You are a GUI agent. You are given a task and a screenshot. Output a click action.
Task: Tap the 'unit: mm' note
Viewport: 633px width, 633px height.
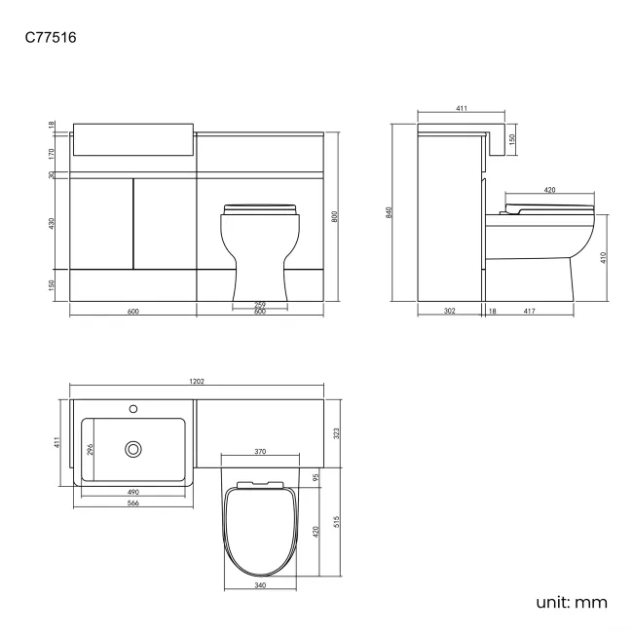click(x=571, y=602)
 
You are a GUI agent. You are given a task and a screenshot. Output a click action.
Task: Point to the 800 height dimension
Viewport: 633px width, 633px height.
click(x=334, y=218)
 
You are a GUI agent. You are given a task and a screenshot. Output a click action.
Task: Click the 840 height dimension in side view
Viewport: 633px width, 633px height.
click(x=389, y=212)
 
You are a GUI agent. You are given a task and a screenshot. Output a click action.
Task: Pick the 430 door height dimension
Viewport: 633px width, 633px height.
click(x=51, y=223)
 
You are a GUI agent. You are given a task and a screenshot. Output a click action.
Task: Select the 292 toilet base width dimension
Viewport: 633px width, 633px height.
click(x=260, y=305)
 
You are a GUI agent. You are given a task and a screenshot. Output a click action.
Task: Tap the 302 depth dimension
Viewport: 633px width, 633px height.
click(x=450, y=311)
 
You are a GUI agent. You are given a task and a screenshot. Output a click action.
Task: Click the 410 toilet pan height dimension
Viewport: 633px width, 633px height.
click(x=603, y=258)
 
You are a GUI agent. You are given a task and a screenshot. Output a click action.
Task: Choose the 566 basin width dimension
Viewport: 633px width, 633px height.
click(x=132, y=504)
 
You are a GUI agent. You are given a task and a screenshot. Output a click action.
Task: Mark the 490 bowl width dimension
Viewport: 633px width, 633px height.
click(x=132, y=492)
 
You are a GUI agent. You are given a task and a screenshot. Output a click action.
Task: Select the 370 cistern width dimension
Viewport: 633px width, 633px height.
click(x=260, y=453)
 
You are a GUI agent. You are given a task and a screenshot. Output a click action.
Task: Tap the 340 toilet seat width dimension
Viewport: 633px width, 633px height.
click(x=260, y=585)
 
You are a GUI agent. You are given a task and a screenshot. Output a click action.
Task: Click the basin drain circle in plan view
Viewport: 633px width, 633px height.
click(x=132, y=449)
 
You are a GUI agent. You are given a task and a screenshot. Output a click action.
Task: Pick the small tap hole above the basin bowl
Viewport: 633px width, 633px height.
click(x=133, y=408)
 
